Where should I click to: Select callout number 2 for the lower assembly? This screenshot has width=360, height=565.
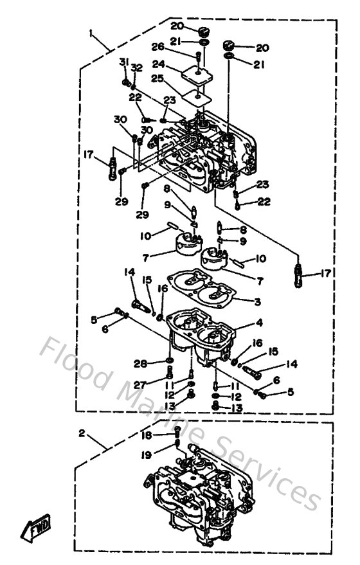tap(82, 433)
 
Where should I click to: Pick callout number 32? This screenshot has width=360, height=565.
tap(136, 67)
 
